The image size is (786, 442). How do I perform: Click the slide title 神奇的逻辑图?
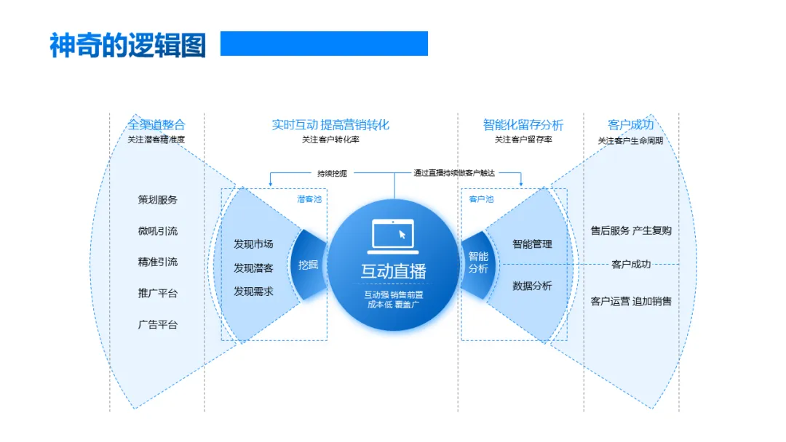127,44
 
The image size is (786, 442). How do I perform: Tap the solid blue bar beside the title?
324,44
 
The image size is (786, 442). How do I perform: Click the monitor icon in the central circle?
393,234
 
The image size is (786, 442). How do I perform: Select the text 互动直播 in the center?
393,271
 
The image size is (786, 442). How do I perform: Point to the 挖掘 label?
309,265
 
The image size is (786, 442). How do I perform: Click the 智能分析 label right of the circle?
478,262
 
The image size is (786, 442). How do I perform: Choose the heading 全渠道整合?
156,124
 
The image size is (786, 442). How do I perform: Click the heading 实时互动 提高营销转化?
330,124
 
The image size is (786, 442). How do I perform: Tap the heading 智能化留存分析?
523,124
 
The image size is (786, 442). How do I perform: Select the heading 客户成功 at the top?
630,124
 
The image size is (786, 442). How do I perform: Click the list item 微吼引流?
158,230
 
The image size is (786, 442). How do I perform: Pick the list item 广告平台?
158,324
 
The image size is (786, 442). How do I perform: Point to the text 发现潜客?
253,268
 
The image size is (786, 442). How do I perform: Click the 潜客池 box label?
309,198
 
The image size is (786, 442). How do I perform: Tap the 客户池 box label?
481,198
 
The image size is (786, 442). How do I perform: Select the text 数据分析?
532,286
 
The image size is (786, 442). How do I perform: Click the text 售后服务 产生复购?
631,230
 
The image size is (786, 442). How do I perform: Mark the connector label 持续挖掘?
332,173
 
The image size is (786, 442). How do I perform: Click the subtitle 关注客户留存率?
523,140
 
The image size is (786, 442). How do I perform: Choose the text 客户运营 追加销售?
631,301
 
